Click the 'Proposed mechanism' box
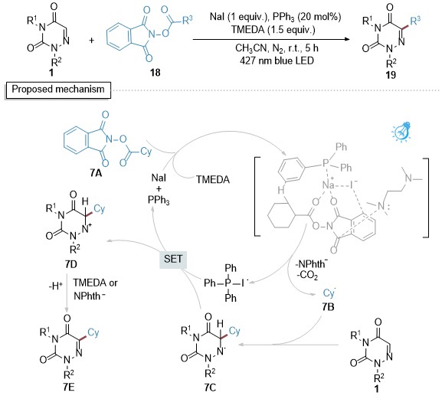pos(58,90)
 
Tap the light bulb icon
pos(402,131)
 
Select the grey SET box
pos(173,259)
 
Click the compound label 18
pos(156,73)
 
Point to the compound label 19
pos(391,75)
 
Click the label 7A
pos(96,173)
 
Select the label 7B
pos(329,306)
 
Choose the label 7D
pos(70,264)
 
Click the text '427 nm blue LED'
pos(277,61)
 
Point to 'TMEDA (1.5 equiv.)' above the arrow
pos(273,30)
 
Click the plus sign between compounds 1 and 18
pos(92,41)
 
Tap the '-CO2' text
pos(307,274)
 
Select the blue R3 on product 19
pos(415,21)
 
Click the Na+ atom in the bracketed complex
pos(329,185)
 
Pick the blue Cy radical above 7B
pos(329,293)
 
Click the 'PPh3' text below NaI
pos(159,201)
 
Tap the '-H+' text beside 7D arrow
pos(55,286)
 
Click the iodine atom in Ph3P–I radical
pos(242,283)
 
